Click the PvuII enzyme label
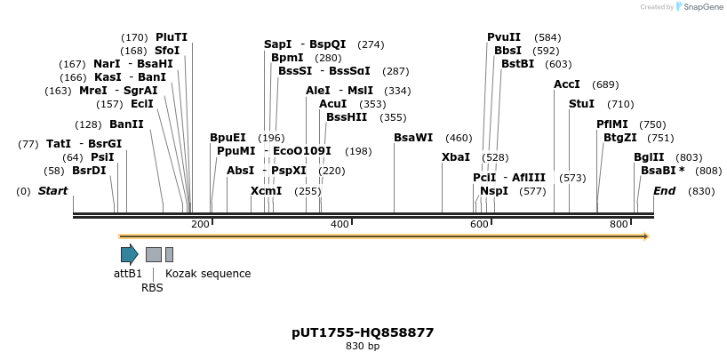click(504, 37)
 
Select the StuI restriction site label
click(582, 104)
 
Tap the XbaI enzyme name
click(455, 156)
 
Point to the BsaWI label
click(413, 138)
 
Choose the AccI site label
click(567, 84)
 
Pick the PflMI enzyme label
click(612, 124)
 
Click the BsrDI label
click(89, 170)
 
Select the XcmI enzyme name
click(266, 191)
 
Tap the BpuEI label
click(228, 138)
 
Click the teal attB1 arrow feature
click(130, 255)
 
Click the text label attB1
click(128, 274)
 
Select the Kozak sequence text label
click(208, 274)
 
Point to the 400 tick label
click(340, 225)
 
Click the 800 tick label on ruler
click(619, 225)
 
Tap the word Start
click(53, 191)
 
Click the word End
click(665, 191)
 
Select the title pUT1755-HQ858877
click(363, 332)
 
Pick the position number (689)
click(605, 84)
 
